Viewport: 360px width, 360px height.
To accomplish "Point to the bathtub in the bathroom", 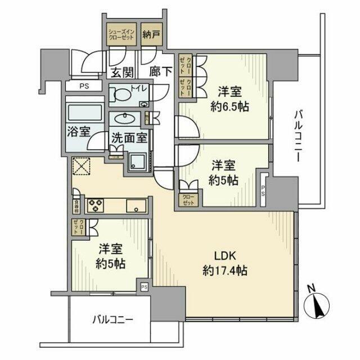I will (x=82, y=112).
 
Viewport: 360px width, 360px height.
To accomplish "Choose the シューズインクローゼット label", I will (x=120, y=34).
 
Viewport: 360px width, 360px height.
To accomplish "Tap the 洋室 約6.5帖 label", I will (x=230, y=99).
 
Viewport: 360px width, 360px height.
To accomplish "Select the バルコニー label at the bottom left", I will (x=112, y=321).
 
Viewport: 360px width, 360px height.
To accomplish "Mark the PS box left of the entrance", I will (x=84, y=86).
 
